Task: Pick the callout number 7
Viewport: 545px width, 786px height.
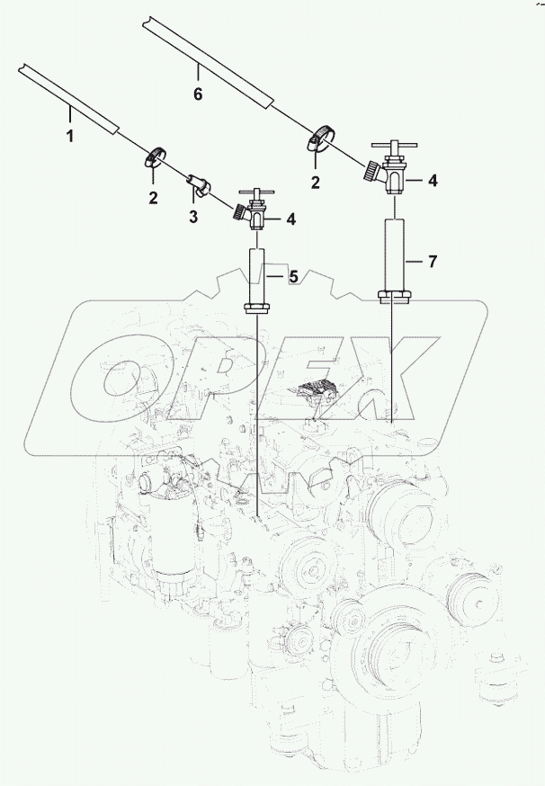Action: pos(432,262)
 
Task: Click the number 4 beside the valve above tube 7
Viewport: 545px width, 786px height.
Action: pos(433,181)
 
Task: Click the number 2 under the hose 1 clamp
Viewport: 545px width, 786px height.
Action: pos(153,197)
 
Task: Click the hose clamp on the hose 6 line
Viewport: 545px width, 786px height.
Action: pos(320,138)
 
